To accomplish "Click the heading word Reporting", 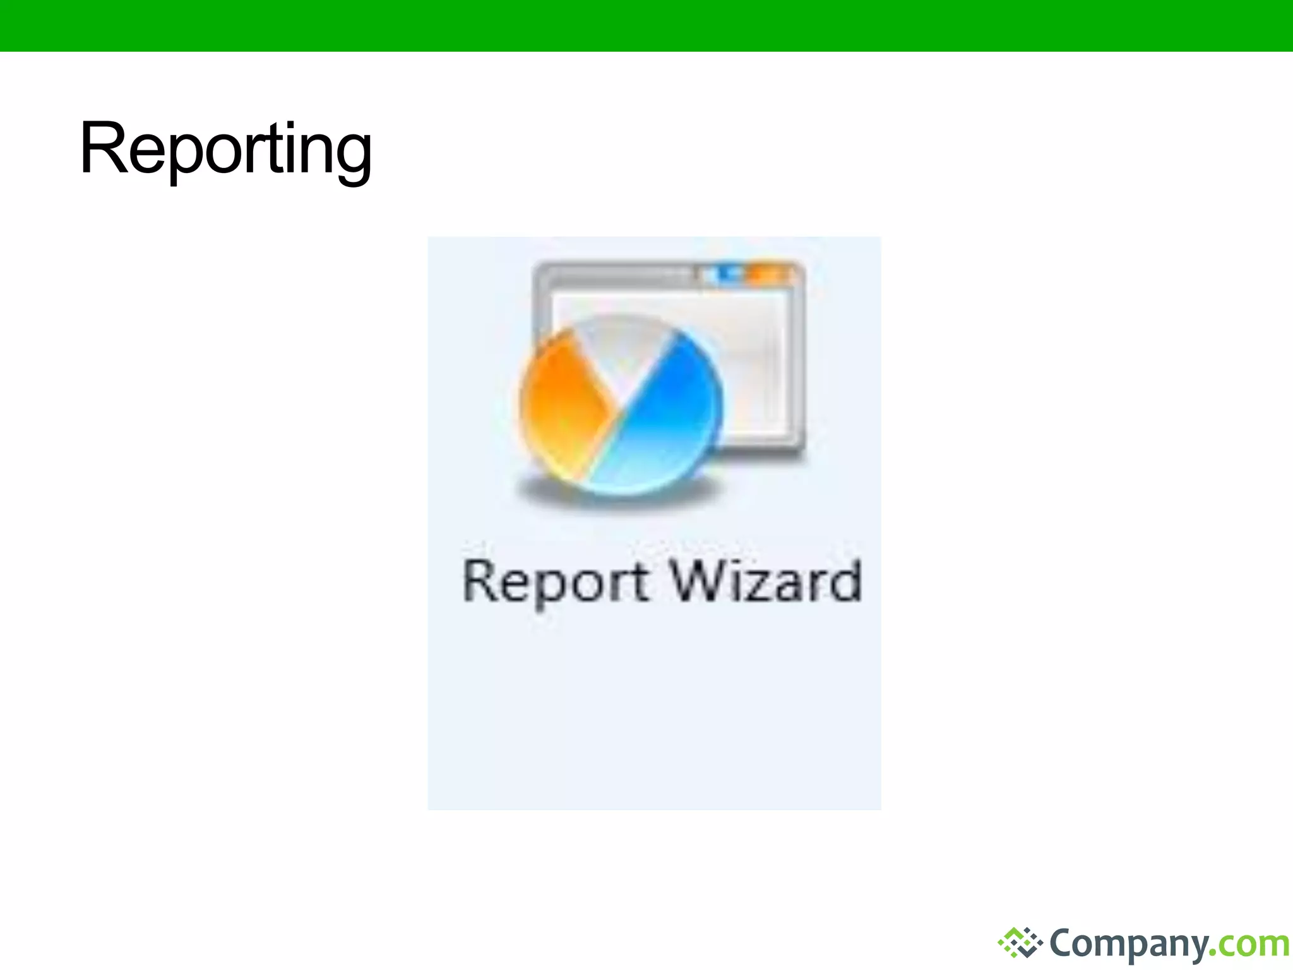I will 225,150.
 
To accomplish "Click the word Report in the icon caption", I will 555,582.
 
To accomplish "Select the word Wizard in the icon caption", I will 765,580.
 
